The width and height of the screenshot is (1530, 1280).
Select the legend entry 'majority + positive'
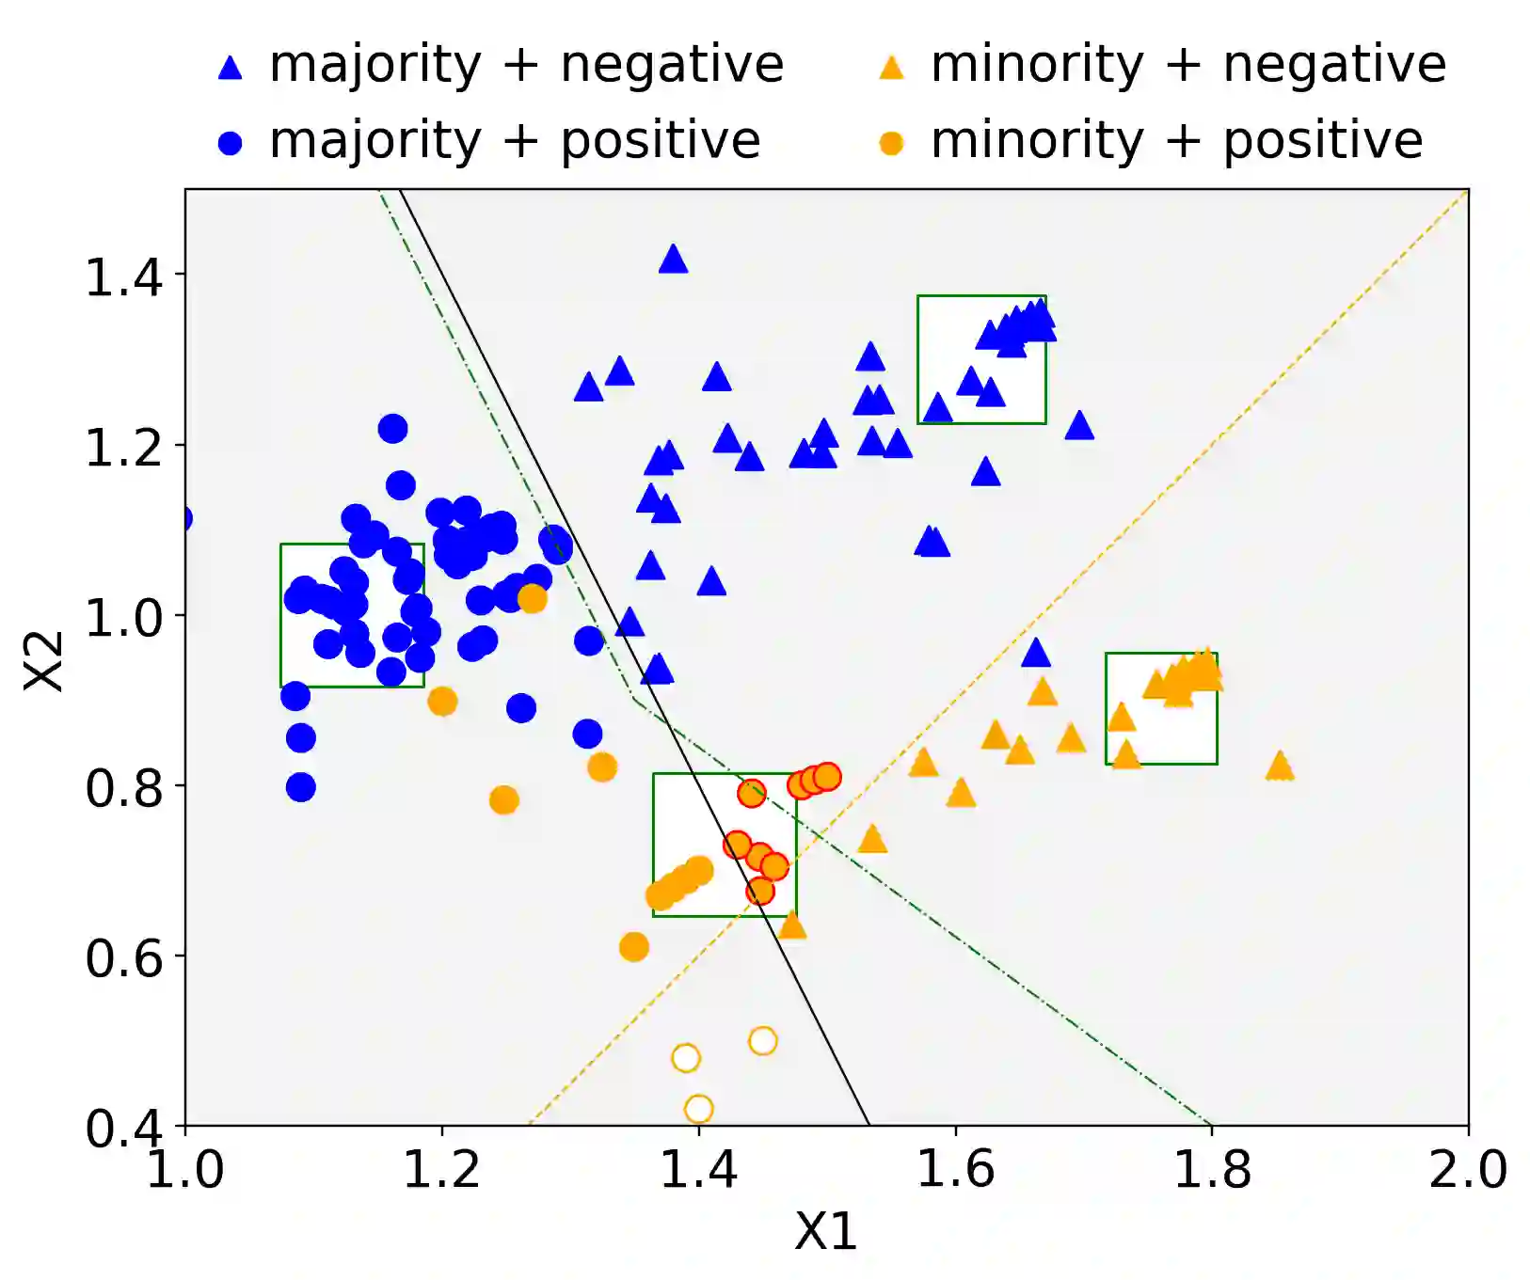[x=515, y=141]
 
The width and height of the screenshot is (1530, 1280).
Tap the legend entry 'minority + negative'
[x=1187, y=65]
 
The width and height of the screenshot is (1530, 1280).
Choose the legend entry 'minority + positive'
[x=1176, y=141]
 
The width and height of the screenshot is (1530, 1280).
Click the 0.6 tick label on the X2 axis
[x=122, y=958]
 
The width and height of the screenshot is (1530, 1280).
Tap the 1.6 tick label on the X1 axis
[x=955, y=1169]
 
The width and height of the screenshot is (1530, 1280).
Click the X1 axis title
[x=825, y=1231]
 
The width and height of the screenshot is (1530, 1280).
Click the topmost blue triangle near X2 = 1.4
[x=673, y=259]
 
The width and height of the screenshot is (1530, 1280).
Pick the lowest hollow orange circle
[x=698, y=1109]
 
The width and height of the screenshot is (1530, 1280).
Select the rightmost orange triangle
[x=1280, y=766]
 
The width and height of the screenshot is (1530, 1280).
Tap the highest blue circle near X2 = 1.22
[x=392, y=429]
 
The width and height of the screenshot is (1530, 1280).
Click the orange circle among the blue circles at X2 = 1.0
[x=532, y=598]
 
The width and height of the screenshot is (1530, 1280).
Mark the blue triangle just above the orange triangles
[x=1035, y=653]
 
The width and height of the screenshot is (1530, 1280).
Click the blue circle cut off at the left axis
[x=184, y=518]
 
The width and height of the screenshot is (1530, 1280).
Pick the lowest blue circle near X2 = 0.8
[x=300, y=787]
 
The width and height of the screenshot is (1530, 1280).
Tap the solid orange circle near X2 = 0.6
[x=634, y=947]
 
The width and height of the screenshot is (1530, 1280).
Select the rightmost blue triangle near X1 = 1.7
[x=1079, y=426]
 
